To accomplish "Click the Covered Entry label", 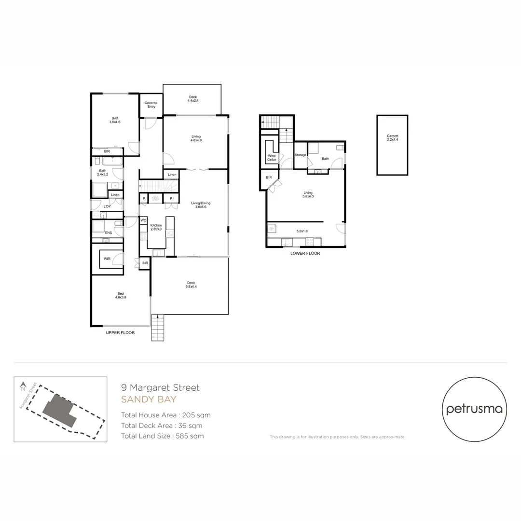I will (151, 105).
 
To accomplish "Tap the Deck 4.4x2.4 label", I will (192, 99).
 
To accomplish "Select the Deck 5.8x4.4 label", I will (191, 285).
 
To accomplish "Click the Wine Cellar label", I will (272, 158).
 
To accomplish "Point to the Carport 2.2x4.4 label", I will (392, 138).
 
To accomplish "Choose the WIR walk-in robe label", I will (107, 259).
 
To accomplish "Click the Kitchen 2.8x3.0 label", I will (156, 228).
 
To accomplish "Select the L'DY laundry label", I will (107, 206).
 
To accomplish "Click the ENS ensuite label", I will (109, 233).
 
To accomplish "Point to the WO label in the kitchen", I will (143, 220).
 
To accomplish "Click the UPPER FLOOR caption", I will (120, 333).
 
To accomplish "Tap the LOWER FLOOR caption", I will (305, 253).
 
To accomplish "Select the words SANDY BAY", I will (149, 399).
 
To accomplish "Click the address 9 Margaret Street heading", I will (160, 387).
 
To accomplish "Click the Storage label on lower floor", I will (301, 155).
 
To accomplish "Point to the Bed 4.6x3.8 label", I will (120, 295).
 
